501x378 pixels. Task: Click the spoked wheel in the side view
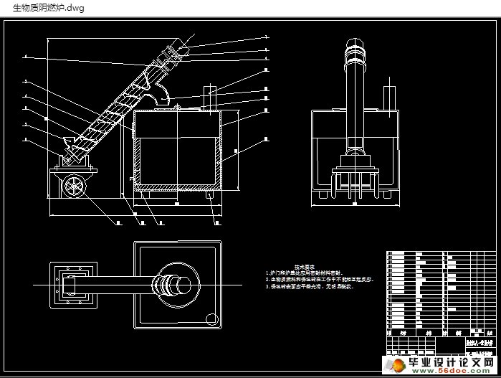[75, 187]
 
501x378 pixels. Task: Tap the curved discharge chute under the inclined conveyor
[163, 92]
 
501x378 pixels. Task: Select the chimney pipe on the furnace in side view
[211, 99]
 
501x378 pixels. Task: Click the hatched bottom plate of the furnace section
[176, 189]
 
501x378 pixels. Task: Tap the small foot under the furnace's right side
[209, 194]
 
